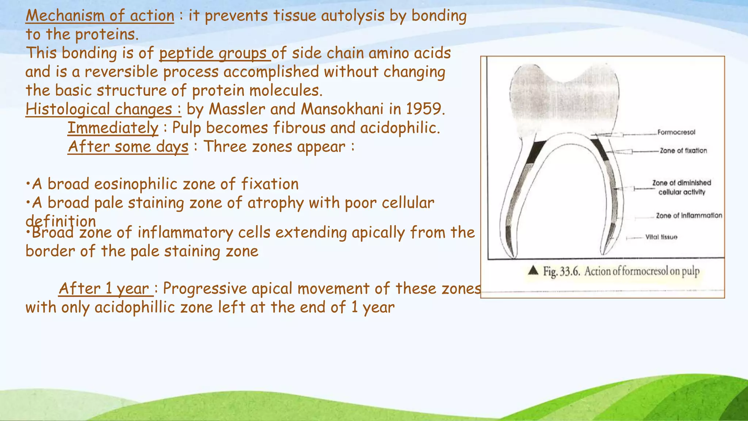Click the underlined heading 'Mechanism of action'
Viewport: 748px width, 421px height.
pos(100,16)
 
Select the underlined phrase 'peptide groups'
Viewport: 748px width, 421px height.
pos(214,53)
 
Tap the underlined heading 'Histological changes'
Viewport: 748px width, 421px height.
pos(103,109)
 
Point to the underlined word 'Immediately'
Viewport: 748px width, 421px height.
pos(113,128)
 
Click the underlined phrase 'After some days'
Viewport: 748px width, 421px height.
pos(128,147)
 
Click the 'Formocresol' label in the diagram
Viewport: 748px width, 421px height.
pos(676,132)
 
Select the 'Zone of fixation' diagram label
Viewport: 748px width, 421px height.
pos(683,151)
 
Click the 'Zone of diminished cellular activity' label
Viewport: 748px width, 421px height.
pos(682,187)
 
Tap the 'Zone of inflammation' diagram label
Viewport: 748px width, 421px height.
pos(689,216)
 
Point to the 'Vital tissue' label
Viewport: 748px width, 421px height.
pos(661,237)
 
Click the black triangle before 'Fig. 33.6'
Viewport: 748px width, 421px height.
pos(534,270)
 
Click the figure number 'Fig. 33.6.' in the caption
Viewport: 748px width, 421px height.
pos(561,272)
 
